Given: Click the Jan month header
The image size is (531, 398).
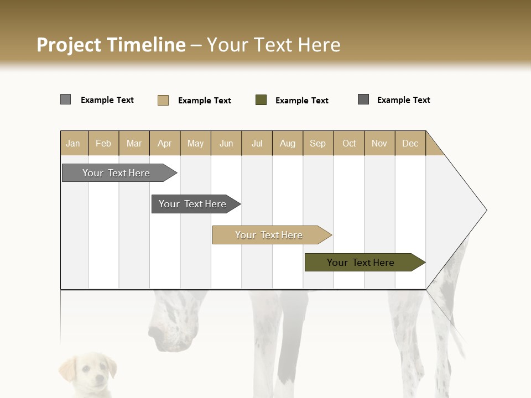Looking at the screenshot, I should click(73, 143).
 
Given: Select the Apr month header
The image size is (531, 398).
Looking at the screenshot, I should click(165, 143).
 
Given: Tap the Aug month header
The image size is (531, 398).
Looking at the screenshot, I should click(288, 143).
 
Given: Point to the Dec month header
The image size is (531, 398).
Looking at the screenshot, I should click(410, 143).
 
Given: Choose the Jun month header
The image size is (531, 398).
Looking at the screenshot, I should click(226, 143).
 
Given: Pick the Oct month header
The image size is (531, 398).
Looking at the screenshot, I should click(349, 143).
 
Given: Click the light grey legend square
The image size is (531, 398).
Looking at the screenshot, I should click(65, 99).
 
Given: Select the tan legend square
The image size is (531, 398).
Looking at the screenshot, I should click(163, 100).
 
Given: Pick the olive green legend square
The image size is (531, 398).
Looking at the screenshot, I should click(261, 100).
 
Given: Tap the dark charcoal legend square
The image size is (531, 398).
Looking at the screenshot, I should click(363, 99).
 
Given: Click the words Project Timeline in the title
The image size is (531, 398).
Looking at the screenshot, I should click(111, 45).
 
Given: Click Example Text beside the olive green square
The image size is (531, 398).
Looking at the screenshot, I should click(301, 101).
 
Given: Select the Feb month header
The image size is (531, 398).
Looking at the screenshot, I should click(103, 143).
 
